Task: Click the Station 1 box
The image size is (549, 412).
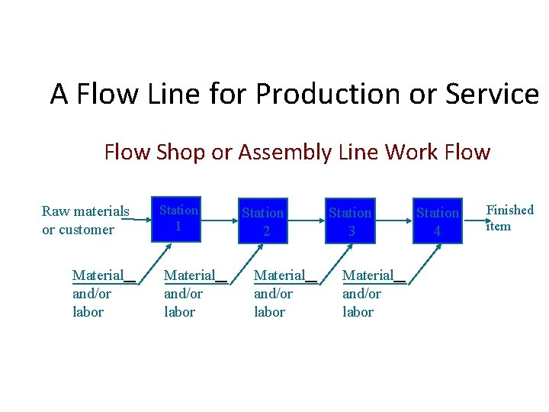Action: (x=177, y=219)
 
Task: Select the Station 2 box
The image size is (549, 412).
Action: (x=263, y=220)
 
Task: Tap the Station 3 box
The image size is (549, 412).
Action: (x=350, y=220)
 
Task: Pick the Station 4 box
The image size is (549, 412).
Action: (x=437, y=220)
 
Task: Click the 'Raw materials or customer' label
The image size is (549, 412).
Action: (x=85, y=220)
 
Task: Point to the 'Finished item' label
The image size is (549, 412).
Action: (x=509, y=217)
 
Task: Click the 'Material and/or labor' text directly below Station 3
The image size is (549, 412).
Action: (x=368, y=294)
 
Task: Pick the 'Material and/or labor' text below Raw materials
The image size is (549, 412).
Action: (x=98, y=294)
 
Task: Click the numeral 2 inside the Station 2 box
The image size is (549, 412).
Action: (x=266, y=229)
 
